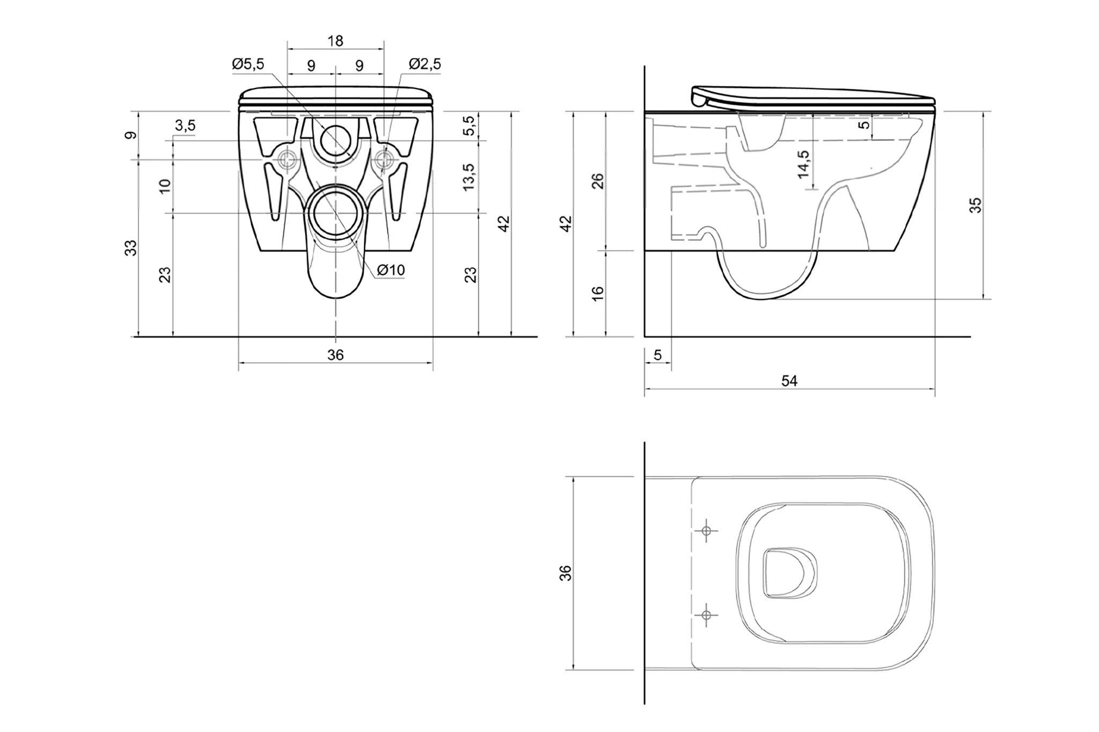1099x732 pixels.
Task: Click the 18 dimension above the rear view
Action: click(335, 41)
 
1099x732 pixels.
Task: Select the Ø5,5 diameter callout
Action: click(248, 64)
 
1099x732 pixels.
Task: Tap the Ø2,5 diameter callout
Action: click(424, 64)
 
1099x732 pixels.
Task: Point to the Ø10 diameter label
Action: click(391, 270)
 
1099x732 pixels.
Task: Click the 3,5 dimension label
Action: click(185, 126)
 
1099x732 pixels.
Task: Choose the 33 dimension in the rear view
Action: click(131, 248)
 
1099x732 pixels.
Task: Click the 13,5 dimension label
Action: click(469, 177)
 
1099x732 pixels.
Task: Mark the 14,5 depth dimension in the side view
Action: click(803, 164)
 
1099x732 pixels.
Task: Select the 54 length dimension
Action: click(789, 381)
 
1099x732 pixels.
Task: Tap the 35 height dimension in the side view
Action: click(975, 206)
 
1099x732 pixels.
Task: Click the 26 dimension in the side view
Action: click(597, 181)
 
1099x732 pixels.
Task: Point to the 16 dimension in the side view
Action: click(597, 293)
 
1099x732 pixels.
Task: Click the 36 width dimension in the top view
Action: click(566, 573)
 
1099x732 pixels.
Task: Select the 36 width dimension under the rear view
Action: click(335, 355)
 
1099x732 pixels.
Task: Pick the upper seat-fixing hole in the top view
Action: click(706, 531)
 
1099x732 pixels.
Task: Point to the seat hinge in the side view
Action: click(699, 99)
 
